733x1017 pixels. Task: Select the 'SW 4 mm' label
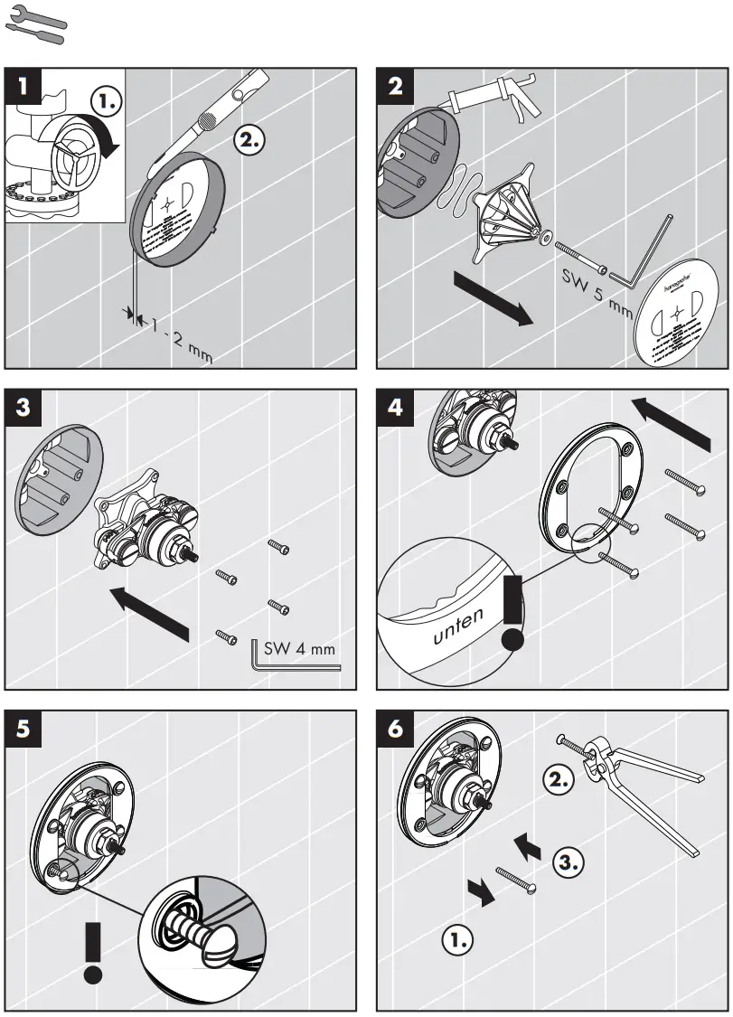coord(298,648)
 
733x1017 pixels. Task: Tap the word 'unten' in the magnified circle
coord(458,626)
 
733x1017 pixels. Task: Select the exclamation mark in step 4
coord(513,615)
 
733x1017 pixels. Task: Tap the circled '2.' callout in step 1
coord(249,140)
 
